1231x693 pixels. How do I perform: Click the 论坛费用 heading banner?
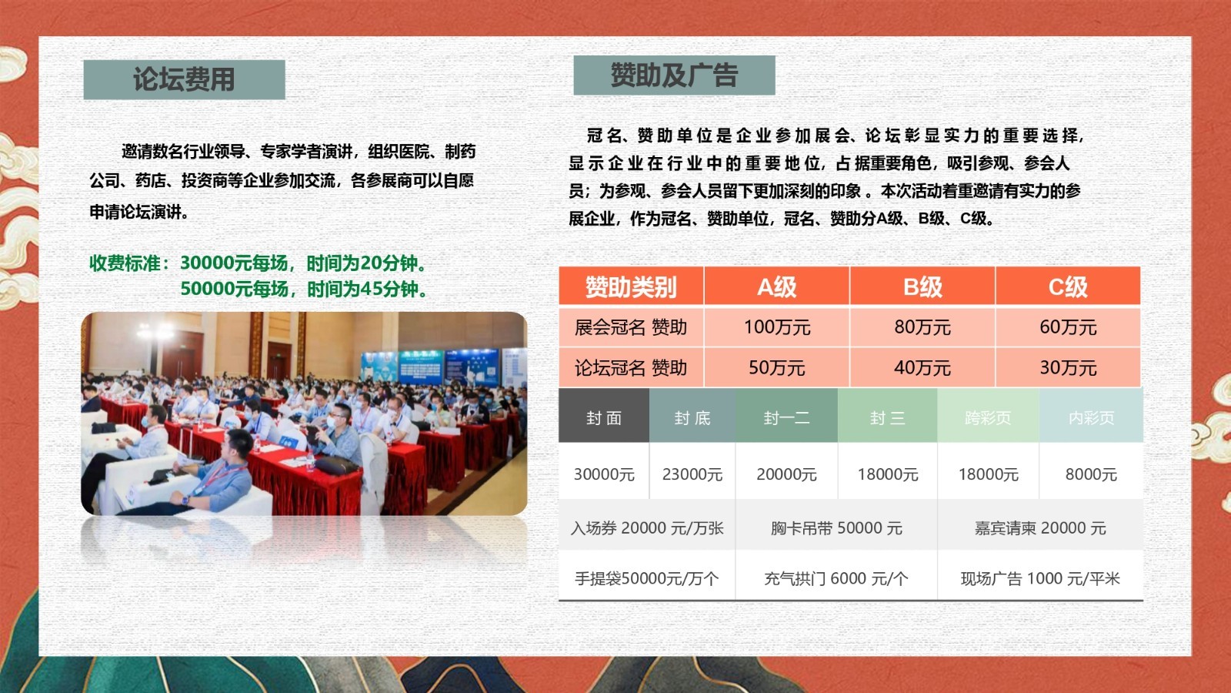point(184,80)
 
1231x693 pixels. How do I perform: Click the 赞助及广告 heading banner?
point(674,75)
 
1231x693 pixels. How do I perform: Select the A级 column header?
point(776,286)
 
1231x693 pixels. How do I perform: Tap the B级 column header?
point(922,286)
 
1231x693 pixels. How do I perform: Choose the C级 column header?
point(1068,286)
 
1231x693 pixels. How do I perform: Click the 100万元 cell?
point(776,327)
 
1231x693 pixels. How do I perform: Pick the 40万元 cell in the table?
point(922,367)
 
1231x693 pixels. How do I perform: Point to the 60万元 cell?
point(1068,327)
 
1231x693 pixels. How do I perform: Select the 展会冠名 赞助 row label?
point(631,327)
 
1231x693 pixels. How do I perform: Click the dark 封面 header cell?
point(604,416)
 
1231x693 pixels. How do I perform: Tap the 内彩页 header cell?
point(1091,416)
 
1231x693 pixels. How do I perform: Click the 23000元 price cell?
point(692,474)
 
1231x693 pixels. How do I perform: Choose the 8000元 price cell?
point(1091,474)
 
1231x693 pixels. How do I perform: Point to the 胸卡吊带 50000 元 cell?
point(836,528)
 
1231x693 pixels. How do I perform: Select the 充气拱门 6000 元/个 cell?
point(836,578)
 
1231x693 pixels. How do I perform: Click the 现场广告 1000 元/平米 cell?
point(1039,578)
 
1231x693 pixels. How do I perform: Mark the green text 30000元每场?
point(234,263)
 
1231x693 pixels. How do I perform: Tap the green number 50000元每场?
point(234,289)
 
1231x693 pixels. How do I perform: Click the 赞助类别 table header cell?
point(631,286)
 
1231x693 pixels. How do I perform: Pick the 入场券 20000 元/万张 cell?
point(647,528)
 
